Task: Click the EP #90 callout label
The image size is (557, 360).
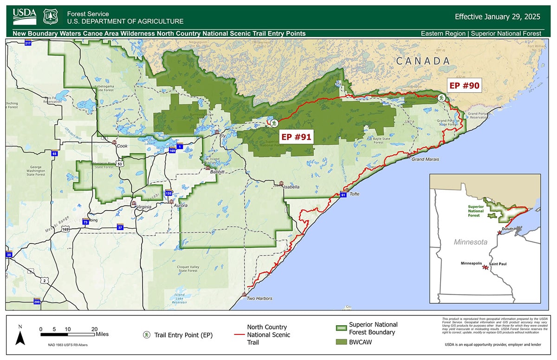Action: (x=463, y=85)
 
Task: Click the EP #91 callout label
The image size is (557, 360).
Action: (x=296, y=136)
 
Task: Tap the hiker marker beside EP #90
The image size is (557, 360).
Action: (x=440, y=97)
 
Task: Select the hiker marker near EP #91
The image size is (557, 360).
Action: (x=274, y=123)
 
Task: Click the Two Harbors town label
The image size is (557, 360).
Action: (x=259, y=298)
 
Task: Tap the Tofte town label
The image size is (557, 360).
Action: (x=354, y=194)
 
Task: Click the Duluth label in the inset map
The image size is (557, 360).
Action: (x=508, y=229)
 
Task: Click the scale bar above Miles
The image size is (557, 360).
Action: (x=67, y=334)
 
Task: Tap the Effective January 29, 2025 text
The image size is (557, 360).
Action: (x=497, y=17)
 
